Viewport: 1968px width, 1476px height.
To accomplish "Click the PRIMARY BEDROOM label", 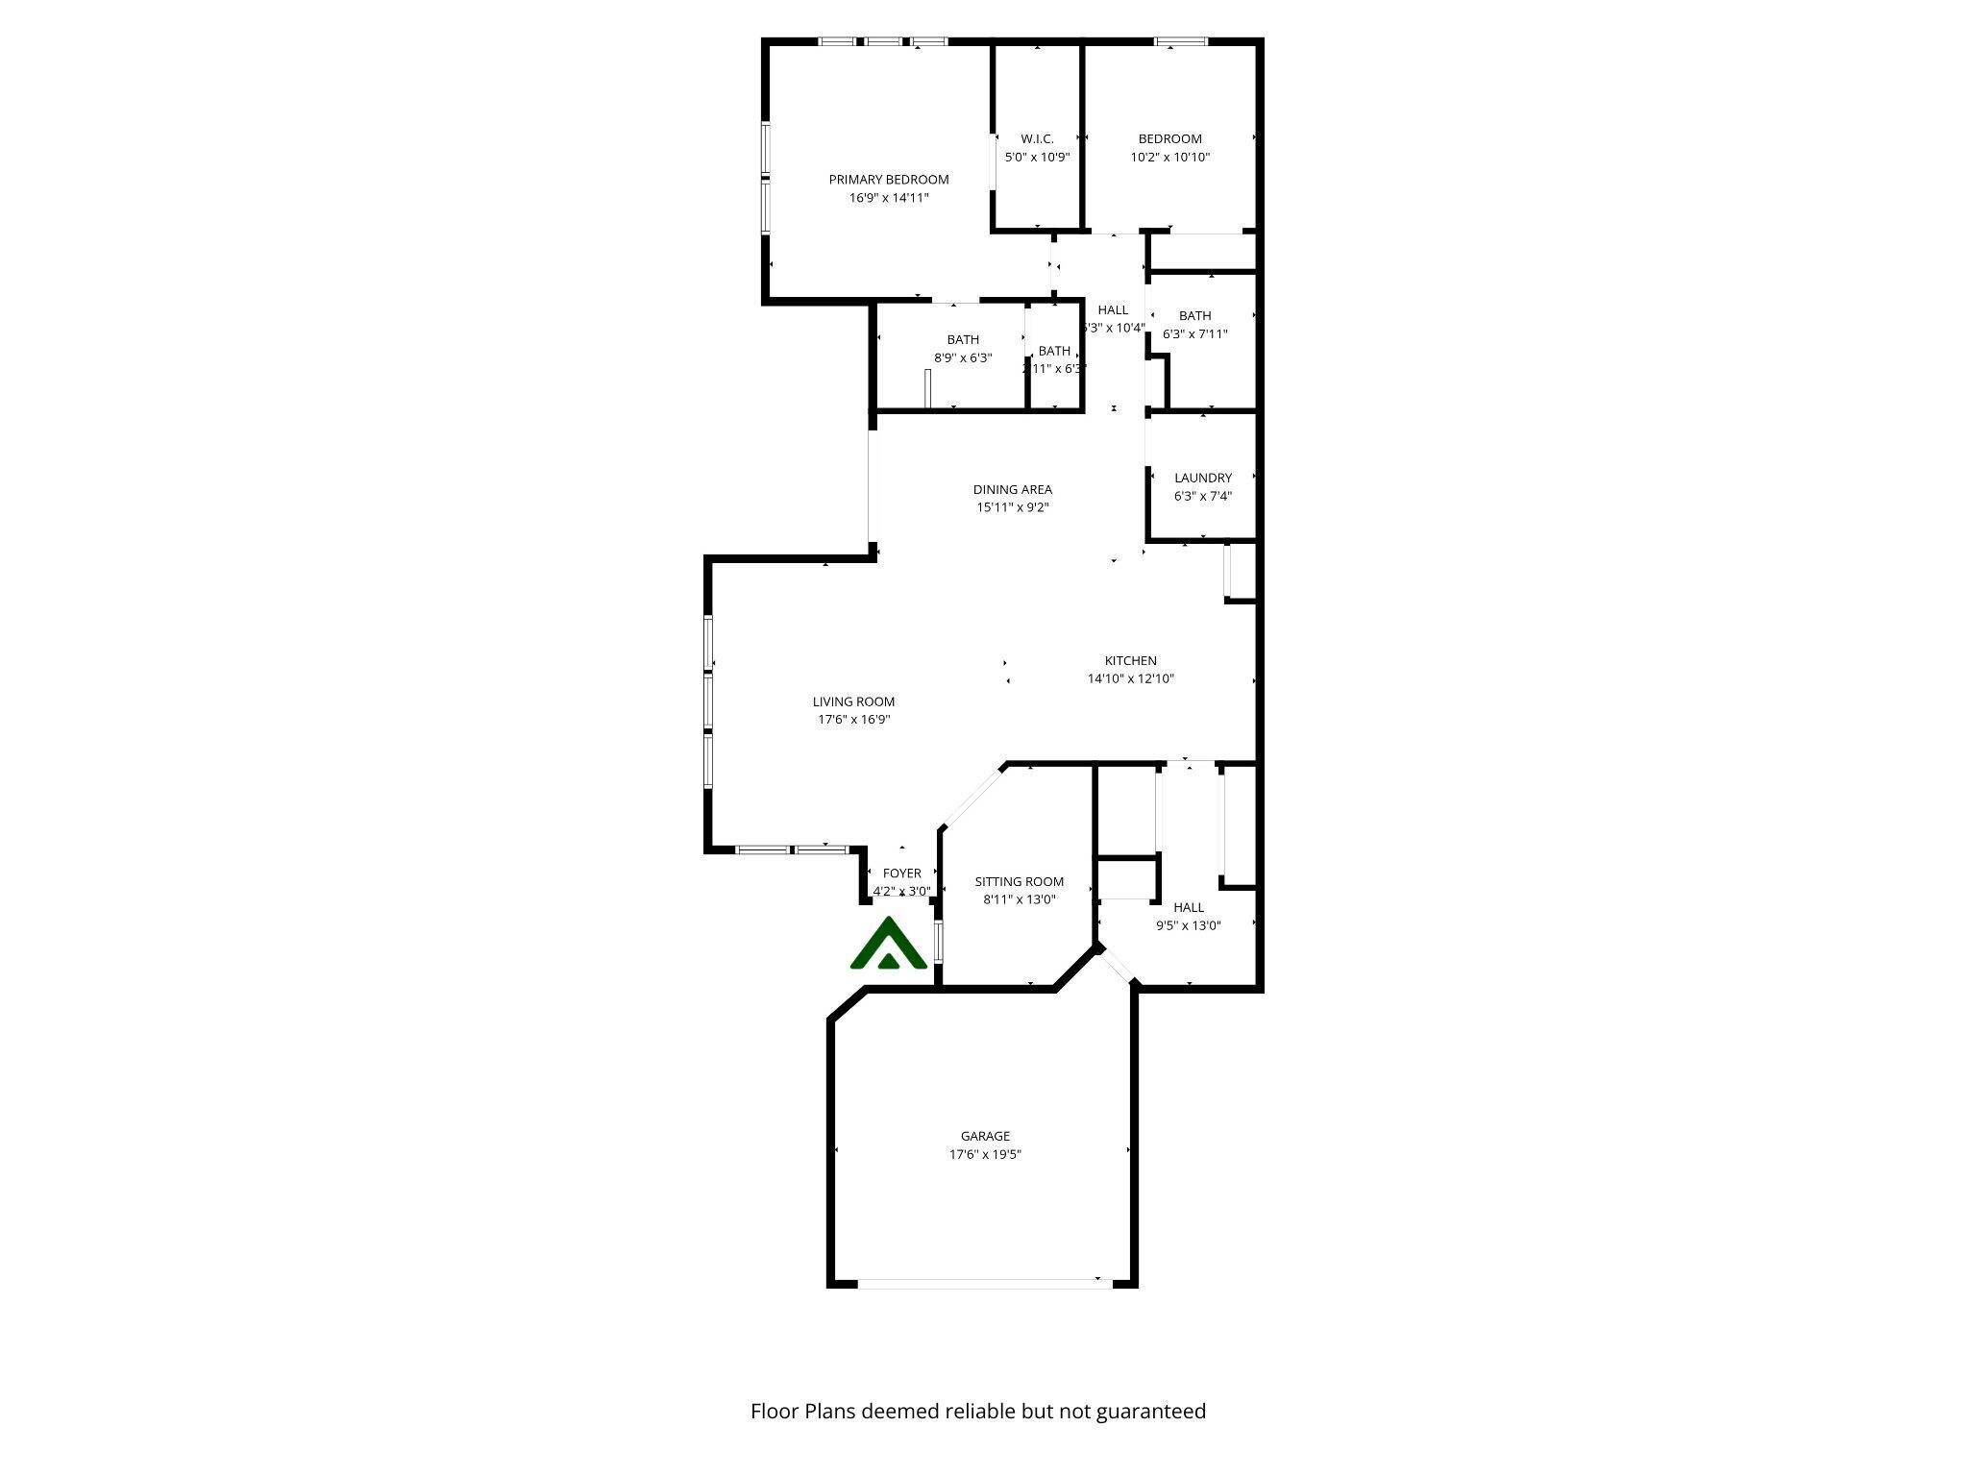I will [888, 180].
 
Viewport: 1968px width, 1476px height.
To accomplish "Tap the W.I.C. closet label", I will [1037, 139].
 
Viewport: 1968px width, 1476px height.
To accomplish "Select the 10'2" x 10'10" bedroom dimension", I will [1169, 158].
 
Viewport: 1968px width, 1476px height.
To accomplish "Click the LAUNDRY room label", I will [1202, 478].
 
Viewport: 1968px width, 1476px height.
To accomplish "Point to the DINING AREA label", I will [1012, 489].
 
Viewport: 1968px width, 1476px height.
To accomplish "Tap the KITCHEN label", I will [1130, 660].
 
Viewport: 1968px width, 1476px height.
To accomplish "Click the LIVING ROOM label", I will [853, 701].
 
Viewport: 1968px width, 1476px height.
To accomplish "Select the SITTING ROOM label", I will [1019, 881].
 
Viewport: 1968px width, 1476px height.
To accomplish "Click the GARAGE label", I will [985, 1136].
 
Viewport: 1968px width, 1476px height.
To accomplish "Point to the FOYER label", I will [901, 873].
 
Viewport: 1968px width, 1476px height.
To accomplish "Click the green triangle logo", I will [889, 945].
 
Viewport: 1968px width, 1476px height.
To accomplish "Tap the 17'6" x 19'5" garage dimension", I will [985, 1154].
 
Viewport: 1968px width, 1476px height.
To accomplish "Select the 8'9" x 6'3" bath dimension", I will [963, 358].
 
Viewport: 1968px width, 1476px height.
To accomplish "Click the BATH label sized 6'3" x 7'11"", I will [1194, 316].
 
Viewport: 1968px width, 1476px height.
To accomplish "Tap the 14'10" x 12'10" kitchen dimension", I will [1130, 679].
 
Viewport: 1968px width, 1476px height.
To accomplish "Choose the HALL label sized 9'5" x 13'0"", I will [1188, 907].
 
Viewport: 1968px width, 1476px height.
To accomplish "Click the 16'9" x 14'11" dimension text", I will [888, 198].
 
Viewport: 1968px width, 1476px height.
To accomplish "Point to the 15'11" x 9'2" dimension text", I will [1012, 507].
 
